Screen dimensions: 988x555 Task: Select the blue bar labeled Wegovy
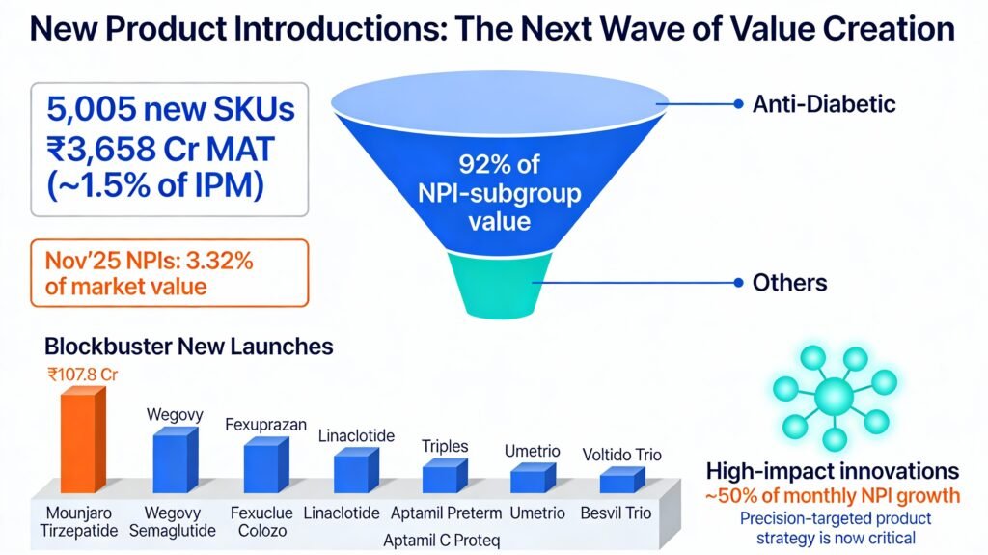click(176, 459)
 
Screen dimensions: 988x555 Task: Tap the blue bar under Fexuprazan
click(266, 465)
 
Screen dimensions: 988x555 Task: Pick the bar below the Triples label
click(445, 476)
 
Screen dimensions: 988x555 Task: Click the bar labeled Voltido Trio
click(622, 480)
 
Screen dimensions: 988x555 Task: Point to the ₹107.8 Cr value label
click(83, 375)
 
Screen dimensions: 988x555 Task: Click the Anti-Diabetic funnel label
click(824, 104)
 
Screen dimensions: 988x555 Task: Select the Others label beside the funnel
click(789, 283)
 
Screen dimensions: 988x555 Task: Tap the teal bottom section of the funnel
click(500, 284)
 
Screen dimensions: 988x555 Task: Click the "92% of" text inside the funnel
click(499, 164)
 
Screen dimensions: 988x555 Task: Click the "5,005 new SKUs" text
click(171, 108)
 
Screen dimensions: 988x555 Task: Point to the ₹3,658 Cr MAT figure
click(160, 150)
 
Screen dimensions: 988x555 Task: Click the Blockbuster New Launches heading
click(189, 347)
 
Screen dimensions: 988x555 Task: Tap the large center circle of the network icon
click(834, 397)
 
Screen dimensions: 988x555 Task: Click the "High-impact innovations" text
click(833, 471)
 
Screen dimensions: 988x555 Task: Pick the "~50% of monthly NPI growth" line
click(833, 496)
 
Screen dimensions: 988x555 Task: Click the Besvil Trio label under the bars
click(616, 513)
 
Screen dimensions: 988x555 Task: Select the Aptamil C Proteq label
click(442, 541)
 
